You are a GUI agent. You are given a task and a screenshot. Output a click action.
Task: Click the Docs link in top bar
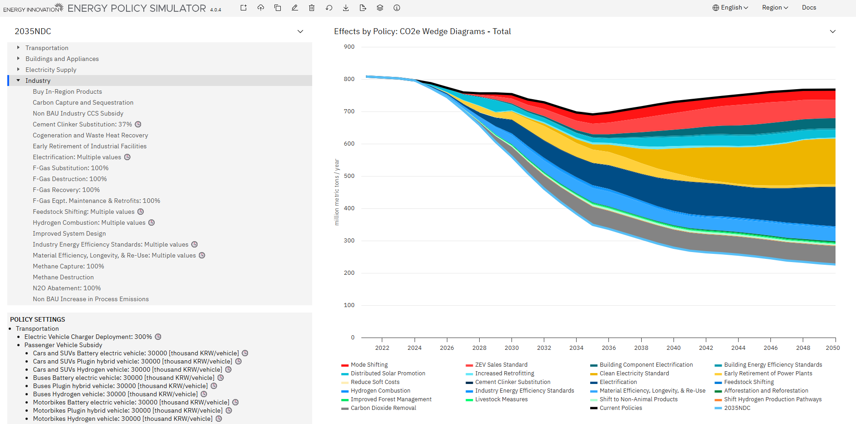(x=809, y=8)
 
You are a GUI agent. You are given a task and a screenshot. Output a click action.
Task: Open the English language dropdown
(x=730, y=8)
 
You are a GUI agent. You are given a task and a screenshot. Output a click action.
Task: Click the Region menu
(x=775, y=8)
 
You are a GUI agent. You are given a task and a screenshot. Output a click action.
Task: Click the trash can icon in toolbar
(x=312, y=8)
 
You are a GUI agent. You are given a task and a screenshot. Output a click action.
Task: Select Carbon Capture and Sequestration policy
(x=83, y=102)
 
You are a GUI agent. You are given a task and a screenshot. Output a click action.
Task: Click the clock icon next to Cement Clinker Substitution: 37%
(x=138, y=124)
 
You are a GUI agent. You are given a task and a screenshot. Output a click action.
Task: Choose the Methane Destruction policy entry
(x=63, y=277)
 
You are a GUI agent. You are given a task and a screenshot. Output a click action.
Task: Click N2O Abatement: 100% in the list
(x=66, y=288)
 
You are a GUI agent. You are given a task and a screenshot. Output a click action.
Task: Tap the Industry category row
(x=38, y=81)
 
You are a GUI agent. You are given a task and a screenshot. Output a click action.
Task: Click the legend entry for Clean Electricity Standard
(x=634, y=374)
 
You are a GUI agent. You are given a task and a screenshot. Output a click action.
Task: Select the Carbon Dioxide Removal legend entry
(x=383, y=408)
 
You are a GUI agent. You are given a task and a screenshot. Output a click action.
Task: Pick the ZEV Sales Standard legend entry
(x=501, y=365)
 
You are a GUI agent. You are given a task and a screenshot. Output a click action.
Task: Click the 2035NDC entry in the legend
(x=737, y=408)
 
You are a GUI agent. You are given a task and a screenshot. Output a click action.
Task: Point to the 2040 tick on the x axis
(x=674, y=348)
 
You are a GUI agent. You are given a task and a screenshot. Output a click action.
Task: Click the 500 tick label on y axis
(x=349, y=176)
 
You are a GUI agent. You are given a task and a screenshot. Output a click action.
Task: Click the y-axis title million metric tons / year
(x=337, y=192)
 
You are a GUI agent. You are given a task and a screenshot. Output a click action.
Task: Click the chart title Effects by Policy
(x=422, y=31)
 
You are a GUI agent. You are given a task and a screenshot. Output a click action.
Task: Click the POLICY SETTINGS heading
(x=37, y=319)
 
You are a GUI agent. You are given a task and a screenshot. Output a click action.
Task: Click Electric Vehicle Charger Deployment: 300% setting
(x=88, y=337)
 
